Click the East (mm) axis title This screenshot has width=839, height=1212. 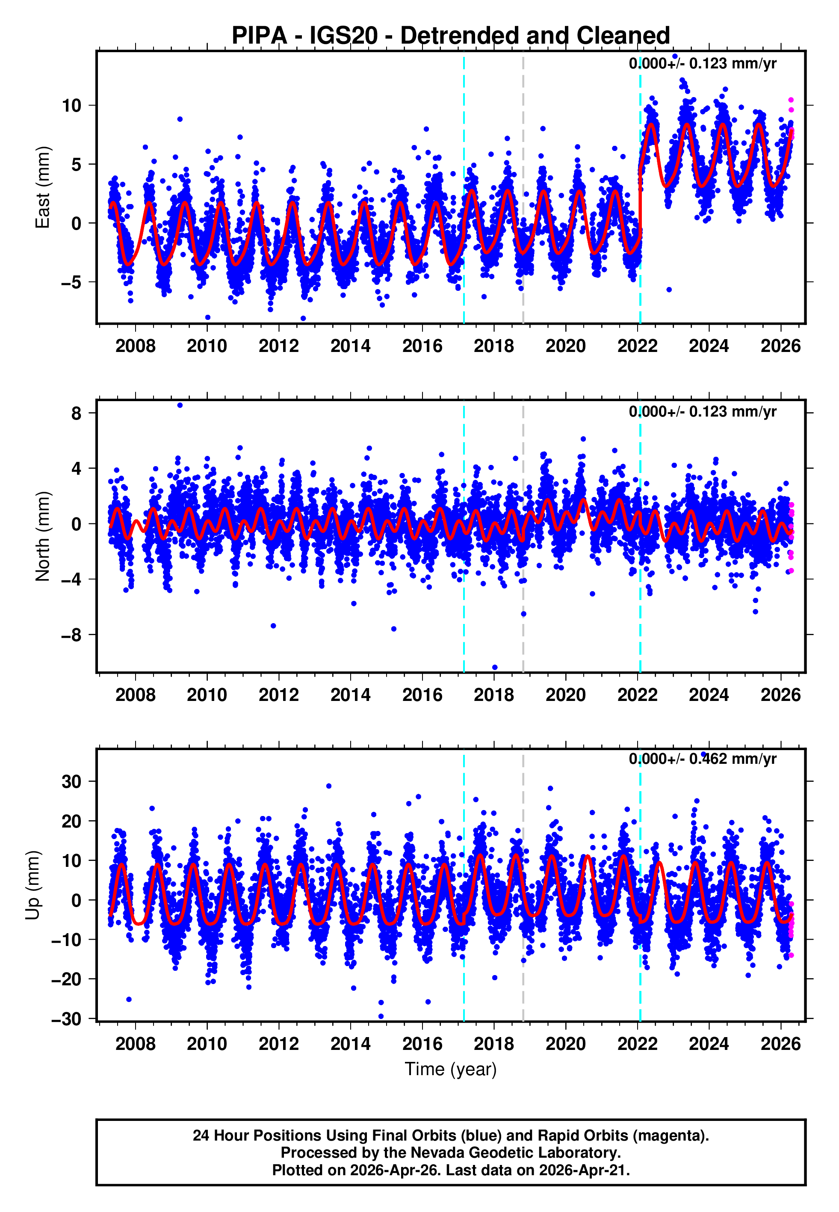(43, 188)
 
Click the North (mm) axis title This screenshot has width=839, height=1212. (43, 536)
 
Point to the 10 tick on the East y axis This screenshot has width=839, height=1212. (72, 106)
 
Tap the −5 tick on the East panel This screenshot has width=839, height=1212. (72, 282)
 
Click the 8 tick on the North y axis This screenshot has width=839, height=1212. (77, 414)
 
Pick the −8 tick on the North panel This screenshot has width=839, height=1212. (72, 635)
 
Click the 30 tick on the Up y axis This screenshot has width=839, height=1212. (72, 781)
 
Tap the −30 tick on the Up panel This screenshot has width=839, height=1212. (67, 1019)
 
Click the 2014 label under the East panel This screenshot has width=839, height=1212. (350, 346)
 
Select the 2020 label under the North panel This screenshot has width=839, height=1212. (565, 695)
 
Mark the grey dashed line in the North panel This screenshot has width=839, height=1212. (523, 578)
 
